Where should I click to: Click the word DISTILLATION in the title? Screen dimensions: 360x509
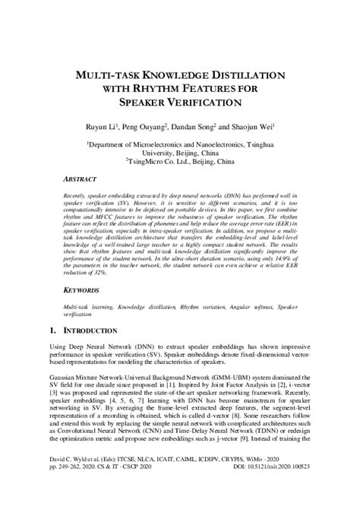click(x=238, y=76)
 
